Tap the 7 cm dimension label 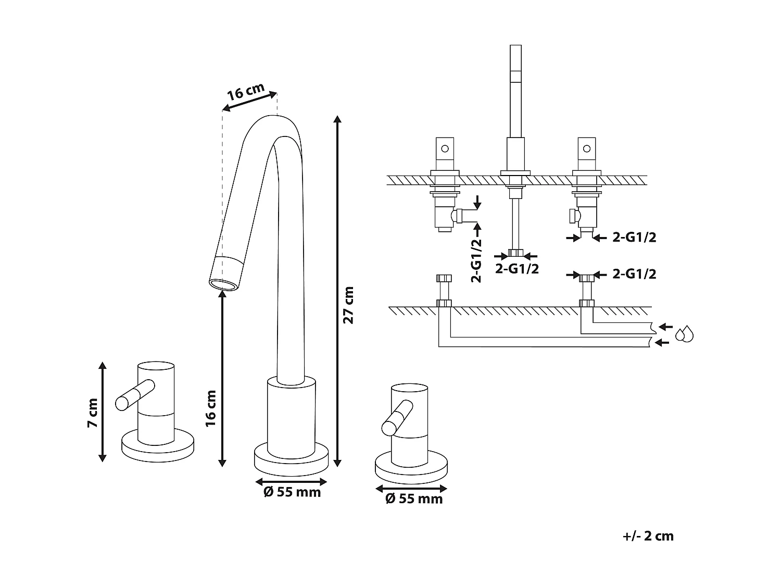pyautogui.click(x=93, y=413)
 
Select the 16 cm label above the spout pyautogui.click(x=246, y=92)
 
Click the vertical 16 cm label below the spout pyautogui.click(x=210, y=409)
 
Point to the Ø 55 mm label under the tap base pyautogui.click(x=292, y=492)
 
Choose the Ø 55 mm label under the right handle pyautogui.click(x=413, y=499)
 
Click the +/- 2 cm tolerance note pyautogui.click(x=648, y=536)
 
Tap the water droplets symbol pyautogui.click(x=684, y=334)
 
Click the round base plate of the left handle pyautogui.click(x=158, y=446)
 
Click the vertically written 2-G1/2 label pyautogui.click(x=476, y=260)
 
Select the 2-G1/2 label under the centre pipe pyautogui.click(x=516, y=269)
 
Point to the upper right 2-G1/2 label pyautogui.click(x=634, y=238)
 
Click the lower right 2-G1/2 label pyautogui.click(x=634, y=274)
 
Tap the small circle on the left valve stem pyautogui.click(x=445, y=148)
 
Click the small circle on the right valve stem pyautogui.click(x=587, y=148)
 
